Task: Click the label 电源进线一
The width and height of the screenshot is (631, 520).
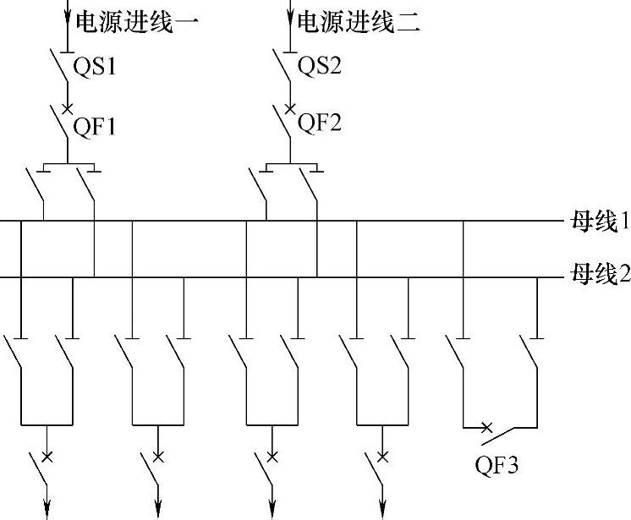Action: point(137,21)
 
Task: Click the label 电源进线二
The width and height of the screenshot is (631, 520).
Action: point(359,21)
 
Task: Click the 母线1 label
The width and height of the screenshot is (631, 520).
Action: point(601,222)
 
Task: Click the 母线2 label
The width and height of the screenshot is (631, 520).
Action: point(601,275)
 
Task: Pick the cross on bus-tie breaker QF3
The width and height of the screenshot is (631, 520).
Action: point(487,427)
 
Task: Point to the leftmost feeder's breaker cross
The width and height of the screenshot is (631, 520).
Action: point(47,457)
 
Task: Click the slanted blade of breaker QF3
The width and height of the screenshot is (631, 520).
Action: point(508,435)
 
